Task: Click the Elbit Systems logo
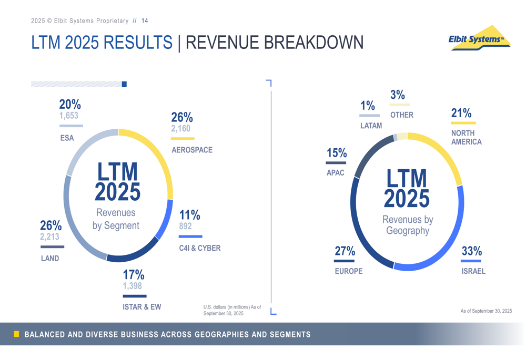(x=479, y=38)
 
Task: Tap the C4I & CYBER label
(x=200, y=248)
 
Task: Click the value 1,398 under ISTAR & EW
(x=133, y=286)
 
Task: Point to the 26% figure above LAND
(x=51, y=226)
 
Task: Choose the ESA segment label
(x=67, y=138)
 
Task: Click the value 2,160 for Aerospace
(x=181, y=129)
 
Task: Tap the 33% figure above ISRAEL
(x=472, y=252)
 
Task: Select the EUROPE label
(x=349, y=271)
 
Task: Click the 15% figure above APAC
(x=337, y=153)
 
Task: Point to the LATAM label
(x=371, y=126)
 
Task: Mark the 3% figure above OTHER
(x=398, y=95)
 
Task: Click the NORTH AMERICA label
(x=466, y=138)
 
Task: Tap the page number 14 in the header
(x=145, y=21)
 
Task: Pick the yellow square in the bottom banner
(x=16, y=334)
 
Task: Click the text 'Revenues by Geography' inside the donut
(x=408, y=225)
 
